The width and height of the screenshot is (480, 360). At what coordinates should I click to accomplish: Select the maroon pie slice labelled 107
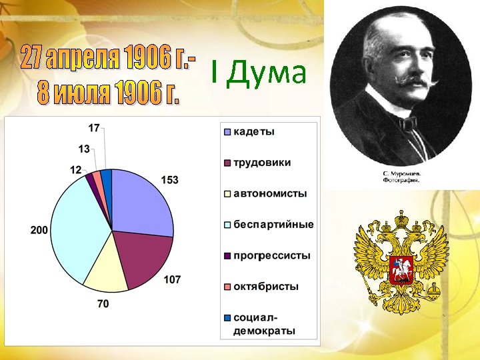(x=141, y=257)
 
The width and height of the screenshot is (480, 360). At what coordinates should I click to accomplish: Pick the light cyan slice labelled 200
(x=77, y=227)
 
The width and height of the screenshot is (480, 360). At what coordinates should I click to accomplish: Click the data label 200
(x=39, y=230)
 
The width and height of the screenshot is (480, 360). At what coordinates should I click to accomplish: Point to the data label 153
(x=170, y=180)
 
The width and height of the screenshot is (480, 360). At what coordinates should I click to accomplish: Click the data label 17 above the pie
(x=95, y=127)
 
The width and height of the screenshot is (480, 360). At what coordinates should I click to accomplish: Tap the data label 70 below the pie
(x=103, y=304)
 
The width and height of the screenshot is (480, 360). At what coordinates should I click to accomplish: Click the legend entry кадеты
(x=253, y=131)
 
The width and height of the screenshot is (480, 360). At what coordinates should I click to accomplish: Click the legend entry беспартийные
(x=273, y=225)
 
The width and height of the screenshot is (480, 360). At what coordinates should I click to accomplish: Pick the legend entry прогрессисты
(x=271, y=256)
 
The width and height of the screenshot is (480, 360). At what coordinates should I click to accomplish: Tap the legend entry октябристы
(x=265, y=287)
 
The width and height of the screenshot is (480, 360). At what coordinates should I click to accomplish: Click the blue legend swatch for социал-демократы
(x=227, y=317)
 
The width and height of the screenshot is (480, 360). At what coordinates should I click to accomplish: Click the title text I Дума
(x=258, y=73)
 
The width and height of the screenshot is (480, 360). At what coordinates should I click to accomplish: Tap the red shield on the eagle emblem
(x=401, y=269)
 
